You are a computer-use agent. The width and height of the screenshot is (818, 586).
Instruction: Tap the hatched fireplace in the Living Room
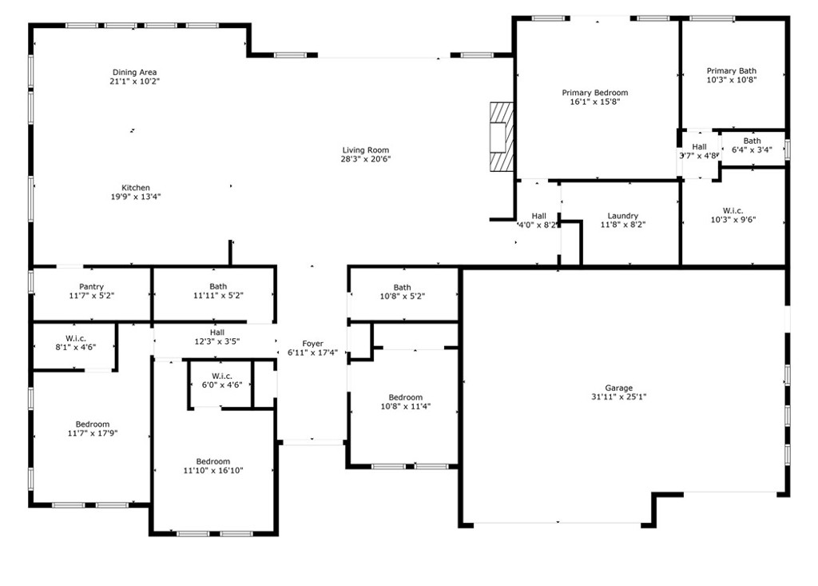(500, 136)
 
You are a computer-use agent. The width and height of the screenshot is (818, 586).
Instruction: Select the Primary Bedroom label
(594, 93)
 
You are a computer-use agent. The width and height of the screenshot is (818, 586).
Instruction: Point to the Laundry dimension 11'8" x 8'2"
(622, 225)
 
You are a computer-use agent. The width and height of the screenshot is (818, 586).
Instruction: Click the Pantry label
(91, 287)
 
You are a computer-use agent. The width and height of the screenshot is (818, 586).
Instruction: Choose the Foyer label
(312, 344)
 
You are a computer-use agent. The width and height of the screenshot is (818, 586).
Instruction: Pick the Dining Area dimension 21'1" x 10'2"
(135, 82)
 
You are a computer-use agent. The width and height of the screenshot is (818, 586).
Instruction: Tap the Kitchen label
(136, 188)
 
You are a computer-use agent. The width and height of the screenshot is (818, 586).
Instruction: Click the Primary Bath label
(731, 71)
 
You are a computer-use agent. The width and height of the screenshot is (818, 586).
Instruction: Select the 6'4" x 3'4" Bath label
(752, 141)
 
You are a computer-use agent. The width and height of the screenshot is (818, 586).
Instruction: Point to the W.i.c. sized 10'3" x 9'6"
(733, 211)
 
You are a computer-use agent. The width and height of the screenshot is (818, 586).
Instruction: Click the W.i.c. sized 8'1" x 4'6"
(76, 338)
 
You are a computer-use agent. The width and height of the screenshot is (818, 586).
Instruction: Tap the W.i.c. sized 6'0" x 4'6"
(221, 376)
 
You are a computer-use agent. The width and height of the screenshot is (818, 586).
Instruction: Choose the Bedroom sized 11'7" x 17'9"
(93, 425)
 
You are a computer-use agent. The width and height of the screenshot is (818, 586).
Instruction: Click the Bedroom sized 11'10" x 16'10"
(213, 461)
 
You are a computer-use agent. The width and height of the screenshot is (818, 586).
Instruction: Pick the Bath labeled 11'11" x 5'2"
(218, 286)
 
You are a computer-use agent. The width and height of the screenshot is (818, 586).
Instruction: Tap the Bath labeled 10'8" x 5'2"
(402, 288)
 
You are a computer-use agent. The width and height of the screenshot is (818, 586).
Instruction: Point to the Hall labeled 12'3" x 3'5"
(217, 333)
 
